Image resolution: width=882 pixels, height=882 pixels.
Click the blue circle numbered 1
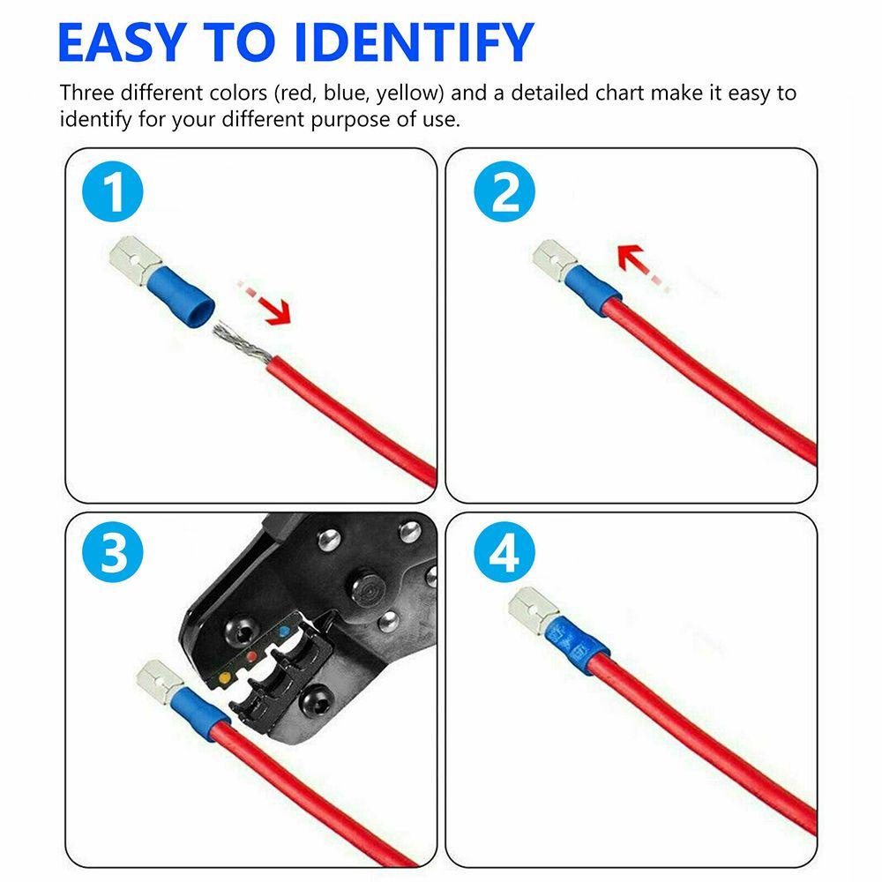click(116, 194)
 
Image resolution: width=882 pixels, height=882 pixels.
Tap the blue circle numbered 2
click(505, 194)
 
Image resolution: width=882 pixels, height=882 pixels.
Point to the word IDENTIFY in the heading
click(414, 41)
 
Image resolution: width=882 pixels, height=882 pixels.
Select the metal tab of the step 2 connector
click(553, 261)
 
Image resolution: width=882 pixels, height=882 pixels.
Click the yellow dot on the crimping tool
click(223, 676)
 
